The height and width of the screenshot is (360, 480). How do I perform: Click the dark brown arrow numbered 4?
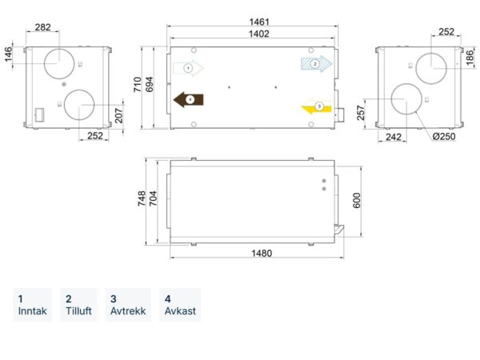188,99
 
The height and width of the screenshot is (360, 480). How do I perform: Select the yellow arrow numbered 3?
317,107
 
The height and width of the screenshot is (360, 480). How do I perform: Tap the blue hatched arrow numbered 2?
317,64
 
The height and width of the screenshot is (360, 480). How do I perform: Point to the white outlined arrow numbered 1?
188,68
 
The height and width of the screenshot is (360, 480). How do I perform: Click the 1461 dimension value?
259,22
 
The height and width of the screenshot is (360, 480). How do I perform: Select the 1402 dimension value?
259,34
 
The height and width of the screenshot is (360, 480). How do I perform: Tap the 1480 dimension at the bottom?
262,253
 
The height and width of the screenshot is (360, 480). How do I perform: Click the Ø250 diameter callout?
444,136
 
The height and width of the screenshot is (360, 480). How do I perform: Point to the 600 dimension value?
357,201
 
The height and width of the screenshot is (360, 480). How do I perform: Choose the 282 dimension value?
42,27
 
